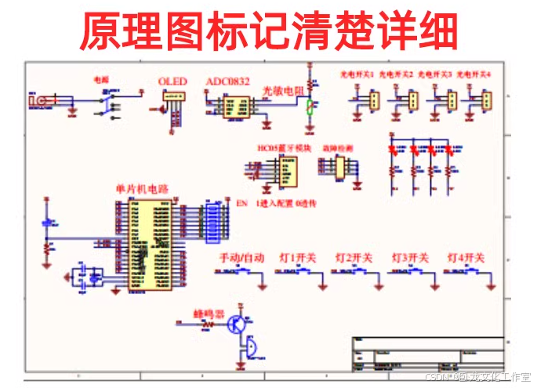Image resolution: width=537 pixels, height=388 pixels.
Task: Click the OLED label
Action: (x=172, y=82)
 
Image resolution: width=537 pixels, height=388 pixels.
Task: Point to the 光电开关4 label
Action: (x=474, y=74)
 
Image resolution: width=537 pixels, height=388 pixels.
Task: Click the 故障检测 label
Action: (x=337, y=147)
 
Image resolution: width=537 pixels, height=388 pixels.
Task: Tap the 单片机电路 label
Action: (x=141, y=189)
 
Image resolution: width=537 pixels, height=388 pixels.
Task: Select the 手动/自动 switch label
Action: (x=241, y=258)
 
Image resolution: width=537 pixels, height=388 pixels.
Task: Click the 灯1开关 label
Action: (x=298, y=258)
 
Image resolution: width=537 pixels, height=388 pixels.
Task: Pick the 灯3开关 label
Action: (x=410, y=258)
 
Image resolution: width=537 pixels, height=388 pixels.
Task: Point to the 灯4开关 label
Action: (x=466, y=258)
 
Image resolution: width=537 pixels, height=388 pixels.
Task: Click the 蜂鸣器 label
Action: (x=209, y=314)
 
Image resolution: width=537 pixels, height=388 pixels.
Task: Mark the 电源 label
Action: (x=102, y=79)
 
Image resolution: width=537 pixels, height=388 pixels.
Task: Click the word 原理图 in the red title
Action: (x=149, y=31)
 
